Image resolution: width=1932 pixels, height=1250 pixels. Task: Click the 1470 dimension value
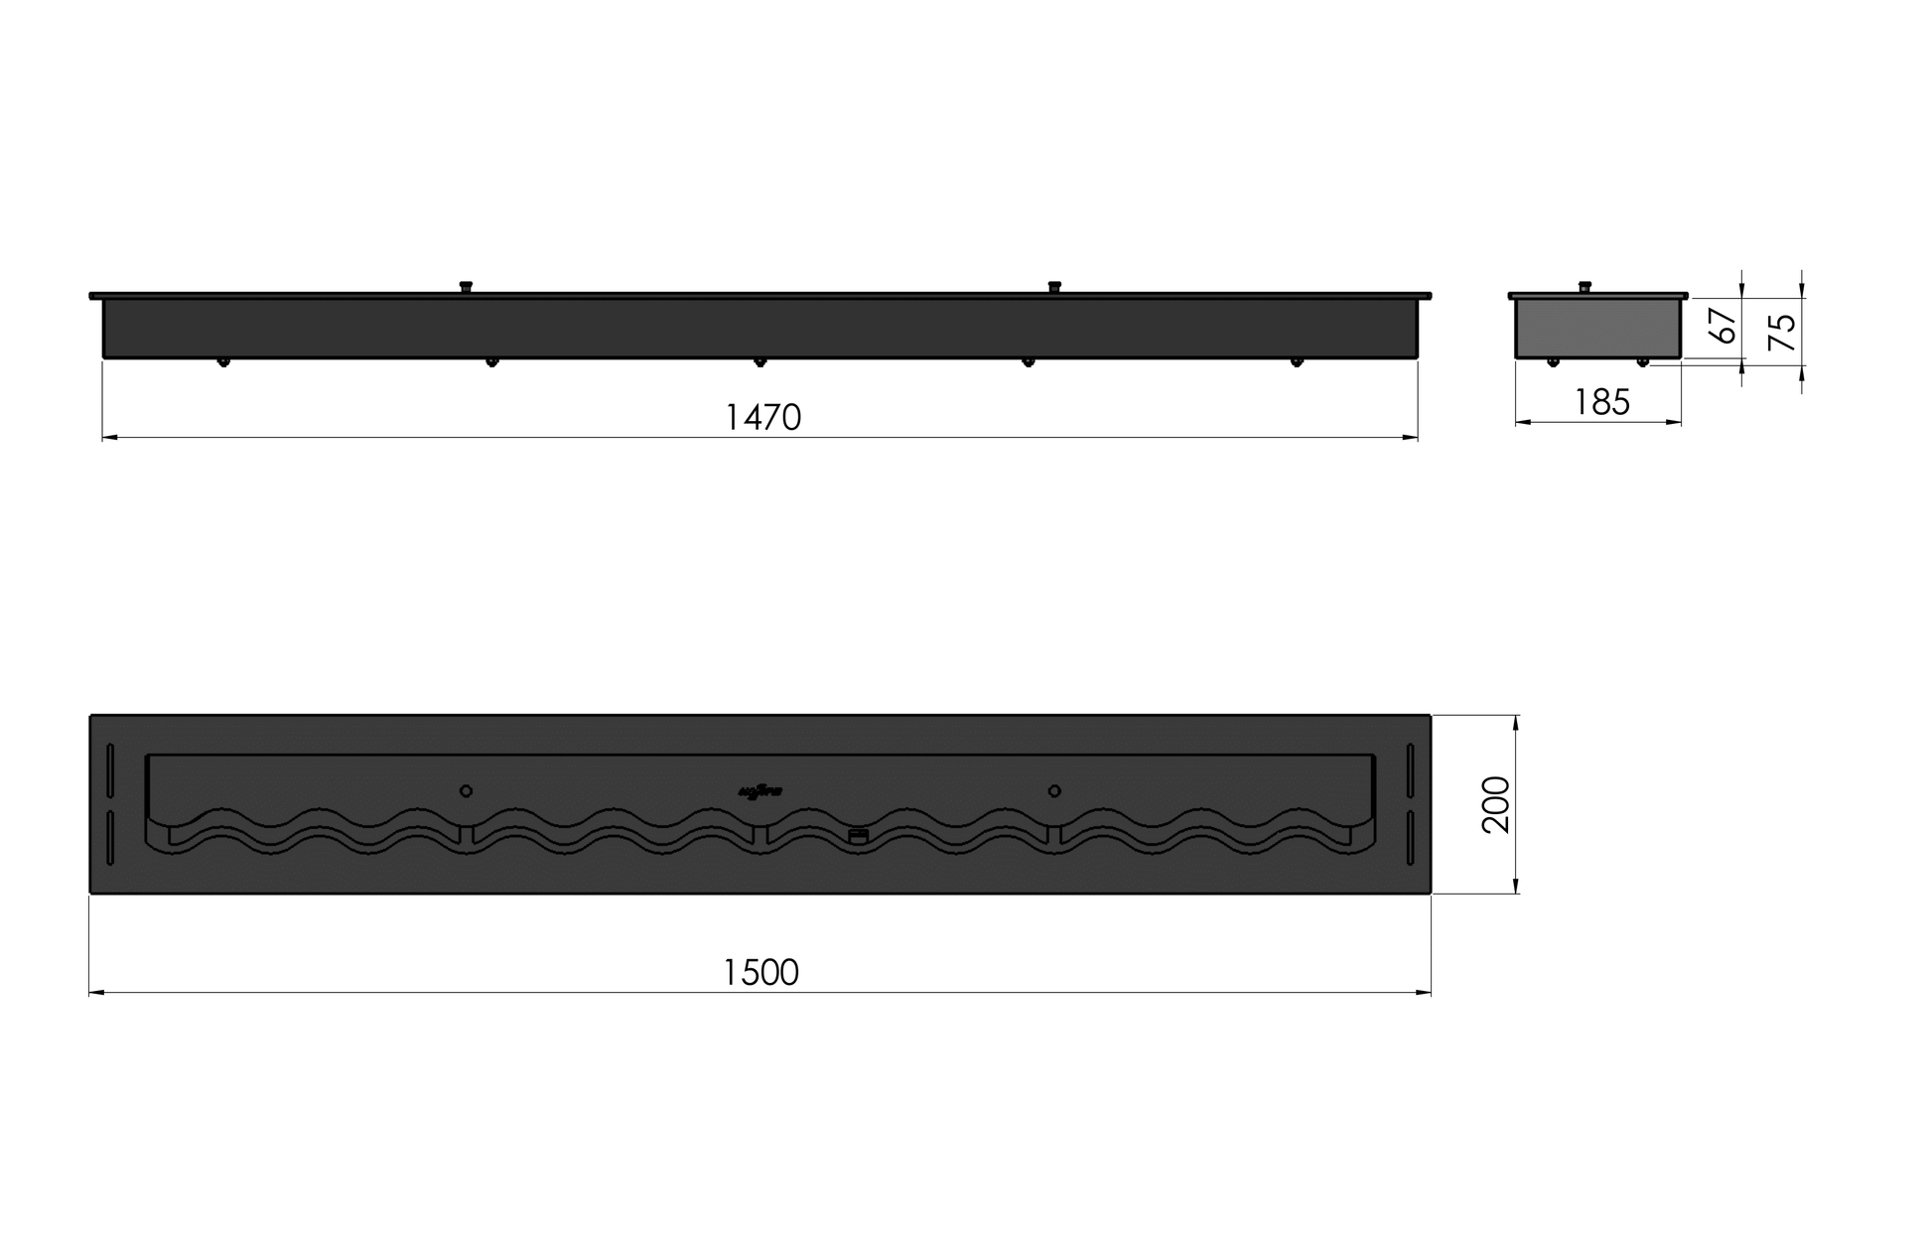762,417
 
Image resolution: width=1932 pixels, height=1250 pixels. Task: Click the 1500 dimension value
760,972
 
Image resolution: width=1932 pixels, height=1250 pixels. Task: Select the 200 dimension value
1496,804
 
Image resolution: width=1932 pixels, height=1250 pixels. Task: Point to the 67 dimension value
1725,326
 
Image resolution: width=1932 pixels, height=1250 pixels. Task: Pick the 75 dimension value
1784,332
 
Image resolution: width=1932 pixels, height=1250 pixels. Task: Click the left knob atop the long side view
465,287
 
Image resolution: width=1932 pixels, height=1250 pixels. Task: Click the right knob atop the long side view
1054,287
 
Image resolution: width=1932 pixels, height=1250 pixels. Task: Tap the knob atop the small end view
1585,287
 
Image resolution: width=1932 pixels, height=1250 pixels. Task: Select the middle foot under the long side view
759,362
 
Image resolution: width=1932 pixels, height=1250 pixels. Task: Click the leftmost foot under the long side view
223,362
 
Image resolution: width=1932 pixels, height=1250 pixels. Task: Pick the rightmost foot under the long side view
1296,362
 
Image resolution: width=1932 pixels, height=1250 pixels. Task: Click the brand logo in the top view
761,791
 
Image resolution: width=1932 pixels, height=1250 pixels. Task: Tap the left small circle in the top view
466,791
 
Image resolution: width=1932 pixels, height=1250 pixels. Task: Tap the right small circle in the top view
1054,791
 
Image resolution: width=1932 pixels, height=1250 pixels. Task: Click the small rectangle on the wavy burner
858,836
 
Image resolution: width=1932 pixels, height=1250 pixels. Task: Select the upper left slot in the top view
110,769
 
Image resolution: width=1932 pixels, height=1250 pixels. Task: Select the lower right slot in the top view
1410,839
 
